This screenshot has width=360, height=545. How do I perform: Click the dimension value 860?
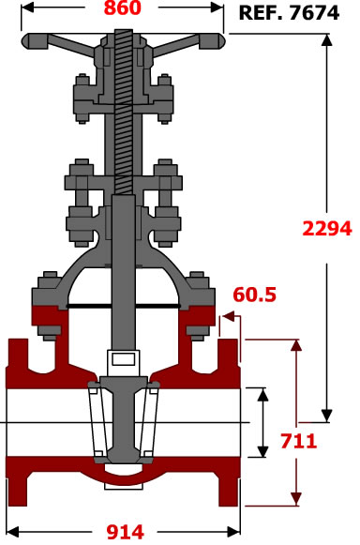pos(123,8)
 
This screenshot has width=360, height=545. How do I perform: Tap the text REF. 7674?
pos(289,13)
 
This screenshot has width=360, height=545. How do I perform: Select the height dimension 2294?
pos(327,229)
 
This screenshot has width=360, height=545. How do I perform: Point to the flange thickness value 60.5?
pos(255,295)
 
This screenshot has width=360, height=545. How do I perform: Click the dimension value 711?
pos(299,441)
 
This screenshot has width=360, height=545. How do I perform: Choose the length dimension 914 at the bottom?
pos(125,532)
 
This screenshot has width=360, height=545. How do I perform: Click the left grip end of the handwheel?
pos(34,41)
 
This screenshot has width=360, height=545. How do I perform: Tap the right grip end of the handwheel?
pos(212,41)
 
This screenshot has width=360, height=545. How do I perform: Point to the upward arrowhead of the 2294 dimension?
pos(326,40)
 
